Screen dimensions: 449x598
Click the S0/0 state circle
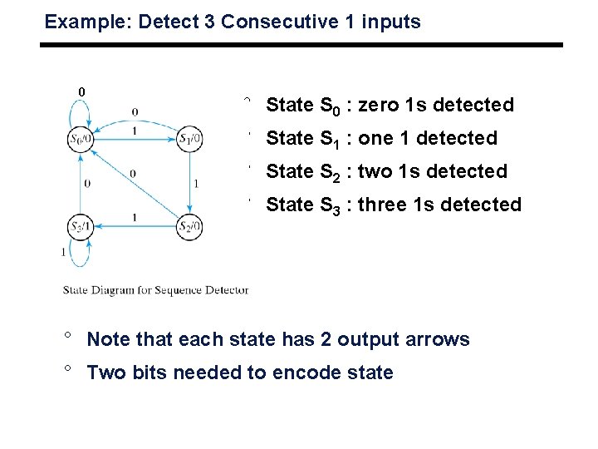(81, 140)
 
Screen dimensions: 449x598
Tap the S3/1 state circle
(81, 226)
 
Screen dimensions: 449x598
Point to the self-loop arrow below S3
(80, 256)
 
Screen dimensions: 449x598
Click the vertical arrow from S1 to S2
(191, 183)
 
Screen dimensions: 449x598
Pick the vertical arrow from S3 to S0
(81, 183)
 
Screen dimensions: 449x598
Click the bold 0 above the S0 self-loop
(81, 91)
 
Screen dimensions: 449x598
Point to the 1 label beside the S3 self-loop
(62, 251)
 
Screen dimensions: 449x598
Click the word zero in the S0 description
(377, 105)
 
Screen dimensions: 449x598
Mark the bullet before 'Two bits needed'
(71, 369)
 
